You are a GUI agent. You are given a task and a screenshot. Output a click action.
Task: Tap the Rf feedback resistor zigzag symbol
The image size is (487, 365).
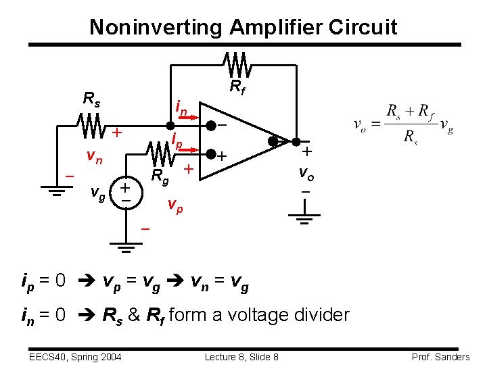(x=238, y=65)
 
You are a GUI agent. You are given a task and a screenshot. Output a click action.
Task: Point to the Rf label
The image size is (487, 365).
(x=237, y=87)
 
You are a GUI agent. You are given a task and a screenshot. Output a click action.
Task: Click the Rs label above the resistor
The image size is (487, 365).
(x=91, y=99)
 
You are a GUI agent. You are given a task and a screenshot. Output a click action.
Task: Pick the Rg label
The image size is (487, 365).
(x=160, y=178)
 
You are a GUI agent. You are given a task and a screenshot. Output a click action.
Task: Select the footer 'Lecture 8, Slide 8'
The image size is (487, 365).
(x=241, y=357)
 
